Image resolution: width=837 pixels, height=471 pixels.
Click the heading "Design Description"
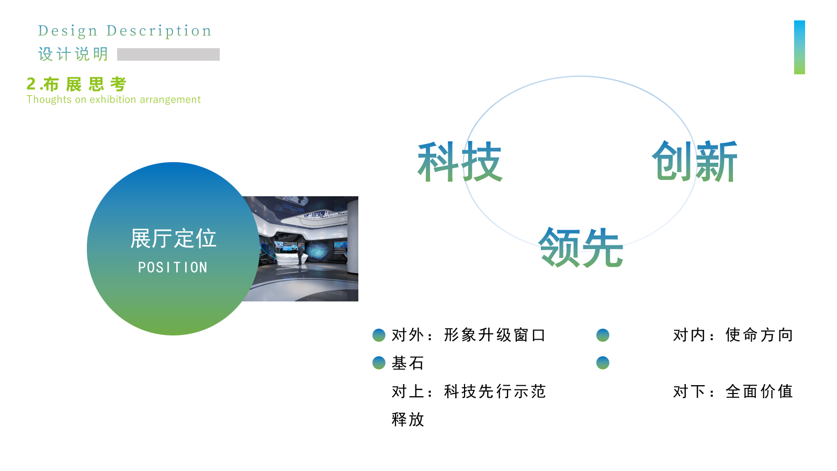pyautogui.click(x=125, y=31)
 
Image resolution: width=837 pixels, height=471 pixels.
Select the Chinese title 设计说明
pyautogui.click(x=73, y=54)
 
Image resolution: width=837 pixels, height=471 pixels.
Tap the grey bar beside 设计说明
pyautogui.click(x=168, y=54)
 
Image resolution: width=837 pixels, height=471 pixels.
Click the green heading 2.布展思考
pyautogui.click(x=77, y=84)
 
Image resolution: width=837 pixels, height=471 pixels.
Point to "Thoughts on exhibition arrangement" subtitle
pyautogui.click(x=114, y=99)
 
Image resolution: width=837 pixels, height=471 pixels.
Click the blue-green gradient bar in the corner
pyautogui.click(x=799, y=47)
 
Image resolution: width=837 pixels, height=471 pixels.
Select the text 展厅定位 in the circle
pyautogui.click(x=173, y=239)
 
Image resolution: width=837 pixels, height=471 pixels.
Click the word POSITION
pyautogui.click(x=173, y=267)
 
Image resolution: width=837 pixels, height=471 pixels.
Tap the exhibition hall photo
pyautogui.click(x=309, y=249)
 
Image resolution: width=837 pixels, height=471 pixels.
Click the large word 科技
pyautogui.click(x=459, y=162)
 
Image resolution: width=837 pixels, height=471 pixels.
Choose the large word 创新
pyautogui.click(x=694, y=162)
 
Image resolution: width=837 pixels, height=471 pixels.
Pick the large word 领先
pyautogui.click(x=581, y=248)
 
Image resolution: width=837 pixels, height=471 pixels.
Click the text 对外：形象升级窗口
pyautogui.click(x=469, y=335)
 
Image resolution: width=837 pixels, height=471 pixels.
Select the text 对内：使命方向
pyautogui.click(x=733, y=335)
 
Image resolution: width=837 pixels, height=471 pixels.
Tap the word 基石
pyautogui.click(x=408, y=363)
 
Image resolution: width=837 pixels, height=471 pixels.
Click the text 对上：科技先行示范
pyautogui.click(x=469, y=391)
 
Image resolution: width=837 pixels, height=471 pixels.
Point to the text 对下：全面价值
pyautogui.click(x=733, y=391)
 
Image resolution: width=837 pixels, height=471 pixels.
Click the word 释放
pyautogui.click(x=408, y=419)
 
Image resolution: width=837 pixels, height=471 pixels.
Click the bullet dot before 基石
pyautogui.click(x=379, y=363)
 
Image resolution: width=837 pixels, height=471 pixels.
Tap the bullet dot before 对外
pyautogui.click(x=379, y=335)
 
